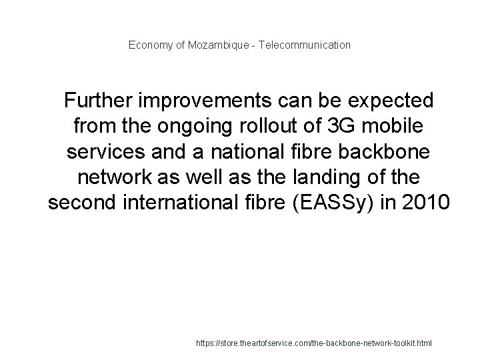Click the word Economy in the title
149,45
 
